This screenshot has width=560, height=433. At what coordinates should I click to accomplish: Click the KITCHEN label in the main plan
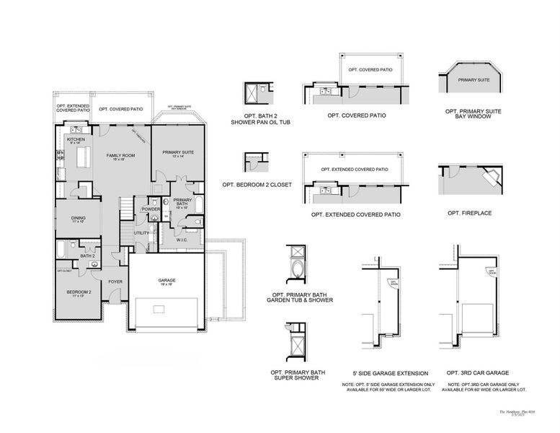[76, 139]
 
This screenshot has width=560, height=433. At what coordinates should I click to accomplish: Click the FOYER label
[115, 281]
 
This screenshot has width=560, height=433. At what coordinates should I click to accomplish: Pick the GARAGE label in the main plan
[166, 280]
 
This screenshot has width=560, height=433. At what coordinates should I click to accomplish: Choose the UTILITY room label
[141, 233]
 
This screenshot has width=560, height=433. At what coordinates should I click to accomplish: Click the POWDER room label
[151, 209]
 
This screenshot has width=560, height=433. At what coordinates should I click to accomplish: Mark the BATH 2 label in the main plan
[87, 255]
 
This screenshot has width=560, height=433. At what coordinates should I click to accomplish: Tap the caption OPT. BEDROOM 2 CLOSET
[257, 185]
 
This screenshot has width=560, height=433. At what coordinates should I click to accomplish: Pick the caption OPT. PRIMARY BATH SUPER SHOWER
[298, 376]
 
